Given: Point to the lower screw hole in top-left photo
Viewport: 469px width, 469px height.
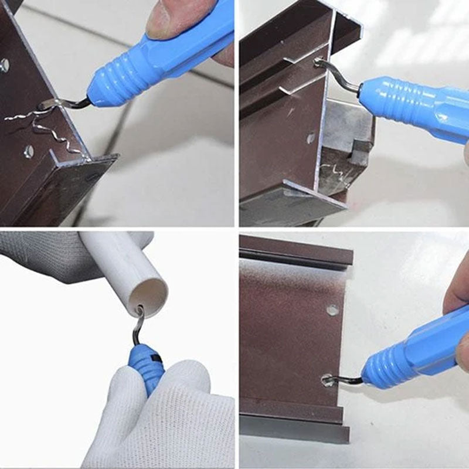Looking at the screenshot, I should (x=28, y=152).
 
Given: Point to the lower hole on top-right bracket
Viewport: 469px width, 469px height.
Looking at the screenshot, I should (x=311, y=138).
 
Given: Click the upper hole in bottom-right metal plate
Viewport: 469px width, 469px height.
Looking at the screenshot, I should (x=332, y=310).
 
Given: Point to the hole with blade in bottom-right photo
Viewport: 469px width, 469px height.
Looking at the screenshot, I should (x=328, y=381).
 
